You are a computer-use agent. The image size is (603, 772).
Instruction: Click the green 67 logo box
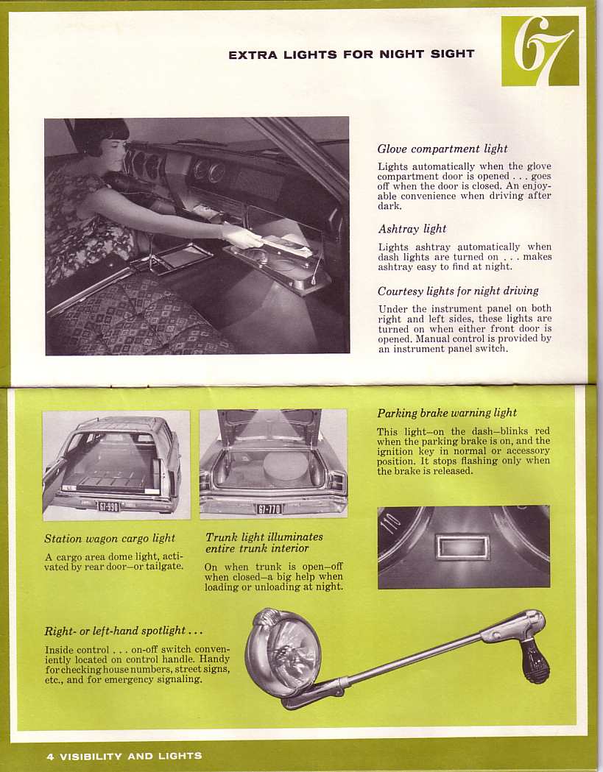click(x=540, y=51)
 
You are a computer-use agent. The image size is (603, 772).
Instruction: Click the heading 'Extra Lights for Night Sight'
click(x=351, y=54)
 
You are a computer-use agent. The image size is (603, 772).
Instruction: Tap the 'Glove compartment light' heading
click(x=442, y=149)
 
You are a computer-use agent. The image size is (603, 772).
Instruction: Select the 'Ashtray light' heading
click(x=412, y=229)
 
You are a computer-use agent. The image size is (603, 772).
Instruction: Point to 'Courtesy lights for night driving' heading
click(x=458, y=291)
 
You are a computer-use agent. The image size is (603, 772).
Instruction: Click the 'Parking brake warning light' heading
click(x=447, y=413)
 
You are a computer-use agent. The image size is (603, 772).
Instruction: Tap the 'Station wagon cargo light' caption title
click(x=110, y=538)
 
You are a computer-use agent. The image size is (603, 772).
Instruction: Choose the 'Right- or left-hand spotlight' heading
click(x=124, y=631)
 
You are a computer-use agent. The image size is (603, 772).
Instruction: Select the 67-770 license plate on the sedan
click(x=269, y=509)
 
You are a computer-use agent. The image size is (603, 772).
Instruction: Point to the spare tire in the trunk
click(x=286, y=468)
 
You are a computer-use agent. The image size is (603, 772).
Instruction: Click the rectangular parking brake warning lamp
click(x=462, y=547)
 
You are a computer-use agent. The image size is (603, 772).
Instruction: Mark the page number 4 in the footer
click(x=49, y=756)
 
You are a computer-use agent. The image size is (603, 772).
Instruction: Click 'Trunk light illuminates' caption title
click(x=264, y=537)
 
